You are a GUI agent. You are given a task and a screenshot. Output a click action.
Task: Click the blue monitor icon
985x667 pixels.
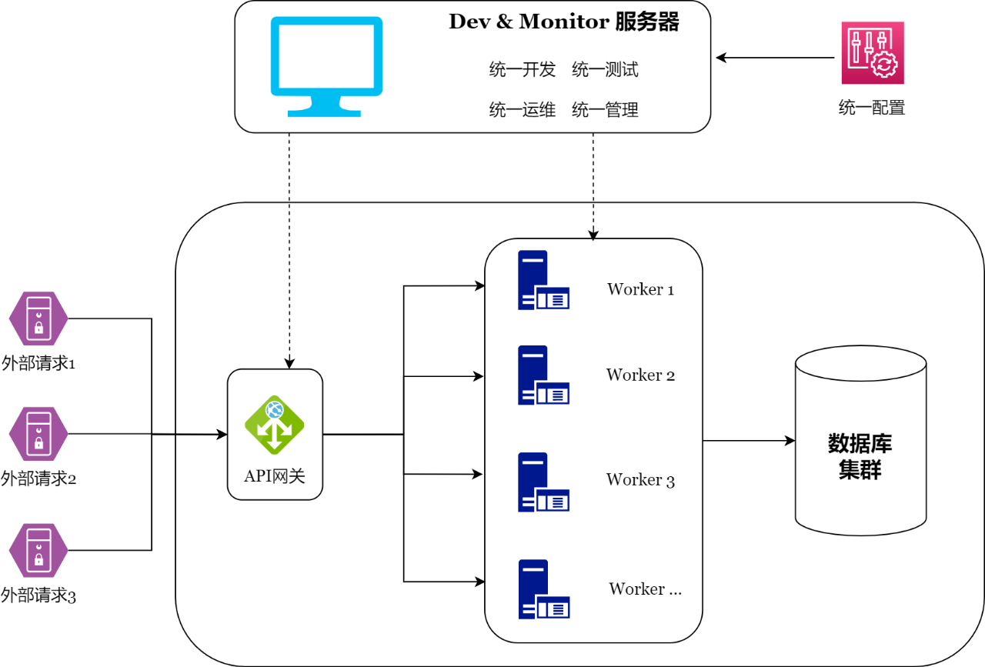[x=326, y=65]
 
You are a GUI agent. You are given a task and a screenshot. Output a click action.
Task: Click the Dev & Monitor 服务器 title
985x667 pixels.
[x=563, y=22]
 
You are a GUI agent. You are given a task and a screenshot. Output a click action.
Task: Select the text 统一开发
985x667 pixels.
[x=523, y=70]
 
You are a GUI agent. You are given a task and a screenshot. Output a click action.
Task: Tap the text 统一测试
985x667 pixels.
[x=605, y=70]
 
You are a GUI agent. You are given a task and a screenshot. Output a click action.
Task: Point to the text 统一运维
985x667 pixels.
[x=523, y=110]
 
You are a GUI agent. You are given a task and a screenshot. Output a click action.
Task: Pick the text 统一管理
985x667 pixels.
[x=605, y=110]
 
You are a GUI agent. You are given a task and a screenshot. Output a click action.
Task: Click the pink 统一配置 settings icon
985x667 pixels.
[x=872, y=52]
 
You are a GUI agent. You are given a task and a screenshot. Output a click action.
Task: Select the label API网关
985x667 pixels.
[x=275, y=476]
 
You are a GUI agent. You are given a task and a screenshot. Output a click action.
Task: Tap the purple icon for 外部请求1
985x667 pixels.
[x=38, y=319]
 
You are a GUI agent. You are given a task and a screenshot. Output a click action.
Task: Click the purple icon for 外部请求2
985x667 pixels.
[x=38, y=434]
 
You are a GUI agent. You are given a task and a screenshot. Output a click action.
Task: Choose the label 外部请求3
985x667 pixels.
[x=38, y=595]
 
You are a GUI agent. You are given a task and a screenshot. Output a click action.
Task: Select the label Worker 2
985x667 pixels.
[x=640, y=375]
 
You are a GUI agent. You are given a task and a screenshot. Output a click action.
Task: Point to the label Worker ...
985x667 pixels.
[x=645, y=589]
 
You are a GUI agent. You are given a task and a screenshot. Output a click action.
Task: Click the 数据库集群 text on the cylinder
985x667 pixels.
[x=860, y=456]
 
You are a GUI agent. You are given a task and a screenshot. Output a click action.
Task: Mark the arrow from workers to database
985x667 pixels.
[x=748, y=441]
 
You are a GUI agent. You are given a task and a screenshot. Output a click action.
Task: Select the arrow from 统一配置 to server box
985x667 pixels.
[x=776, y=58]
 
